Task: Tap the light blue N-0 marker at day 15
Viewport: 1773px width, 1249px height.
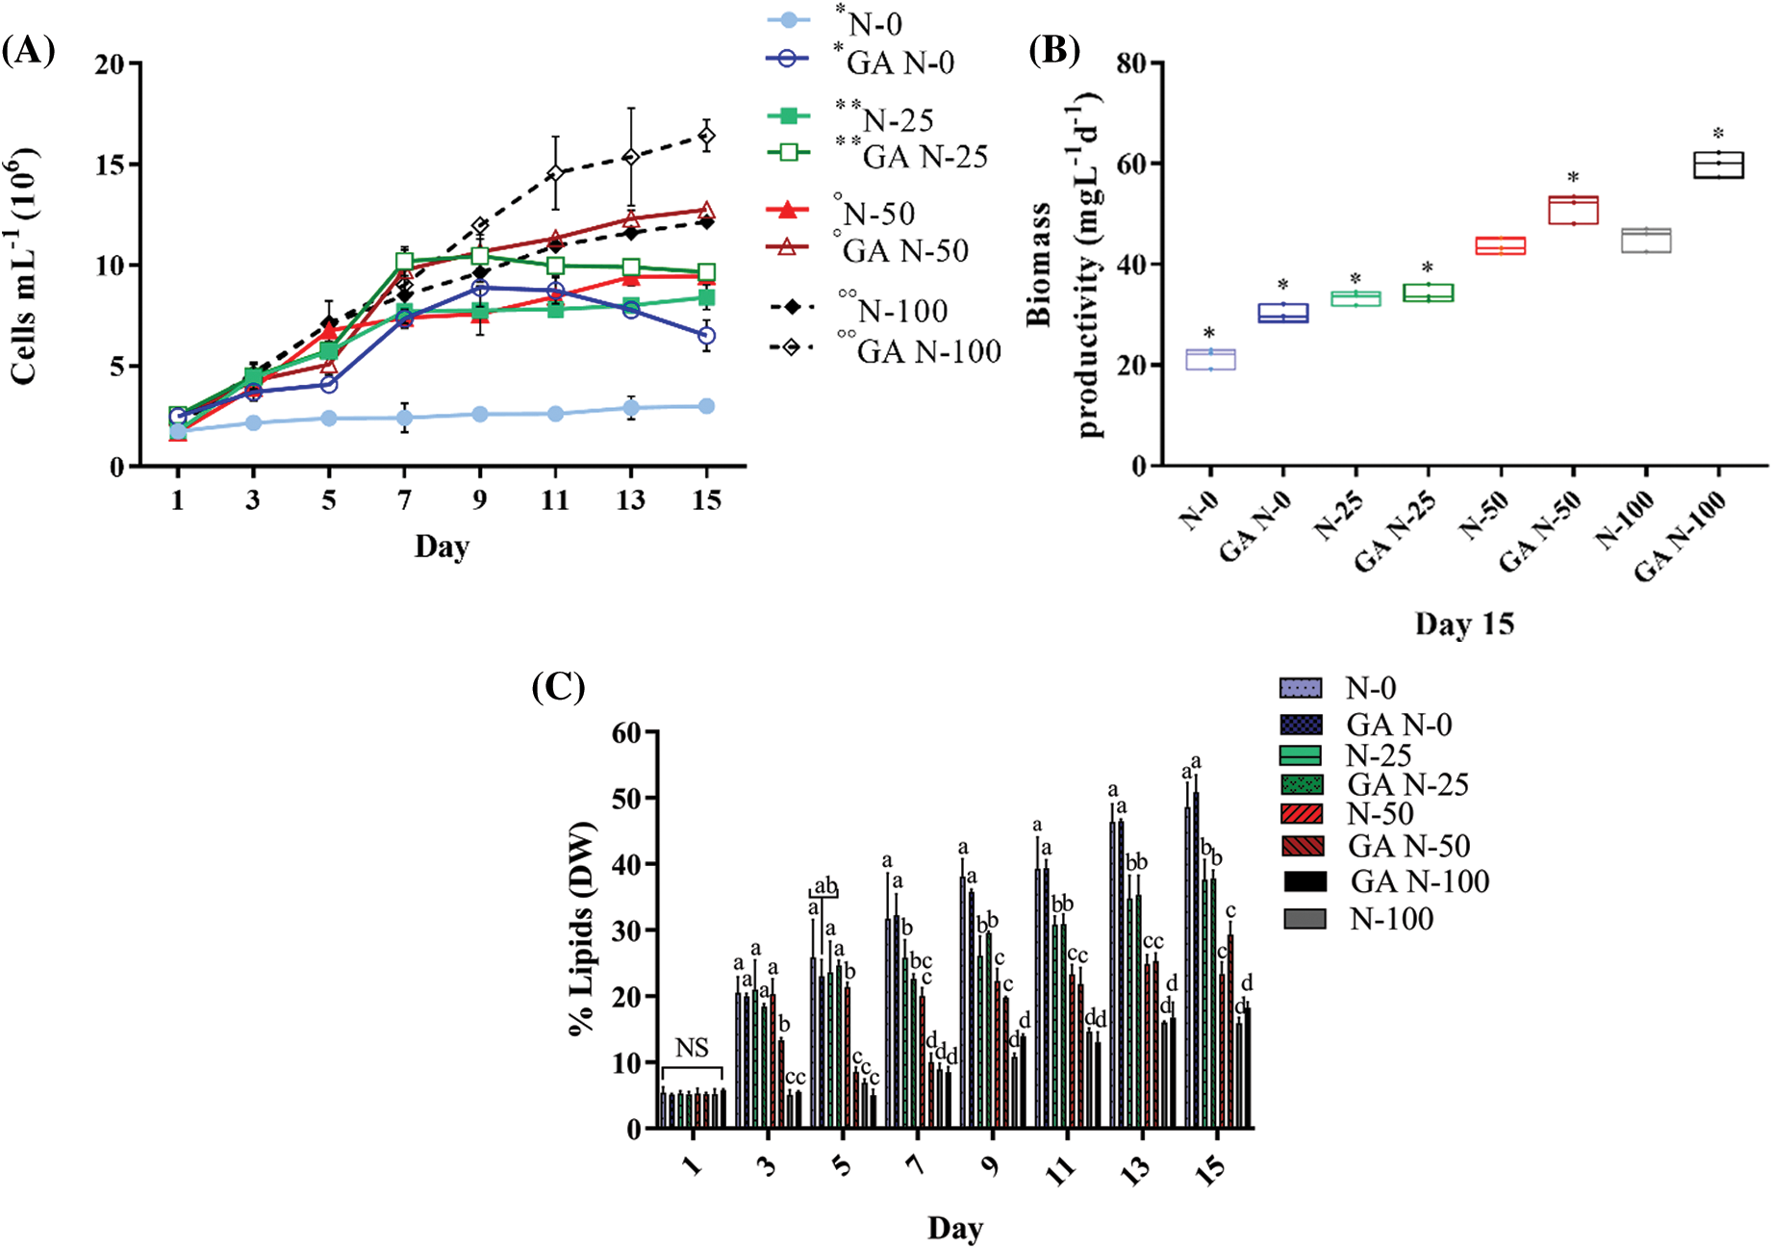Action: pyautogui.click(x=706, y=406)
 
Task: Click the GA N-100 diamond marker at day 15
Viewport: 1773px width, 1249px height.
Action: pyautogui.click(x=706, y=137)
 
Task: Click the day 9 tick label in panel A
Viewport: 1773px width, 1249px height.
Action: pyautogui.click(x=479, y=499)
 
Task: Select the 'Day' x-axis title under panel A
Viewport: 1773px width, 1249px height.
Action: pyautogui.click(x=442, y=547)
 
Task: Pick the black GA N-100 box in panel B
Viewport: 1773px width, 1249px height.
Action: pyautogui.click(x=1719, y=165)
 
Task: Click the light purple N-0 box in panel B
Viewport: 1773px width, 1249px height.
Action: pyautogui.click(x=1210, y=360)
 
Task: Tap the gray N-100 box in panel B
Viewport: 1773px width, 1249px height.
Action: pyautogui.click(x=1646, y=240)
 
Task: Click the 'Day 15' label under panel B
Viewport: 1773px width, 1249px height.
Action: pyautogui.click(x=1464, y=624)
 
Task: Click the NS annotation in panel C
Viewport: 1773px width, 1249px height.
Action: pyautogui.click(x=692, y=1048)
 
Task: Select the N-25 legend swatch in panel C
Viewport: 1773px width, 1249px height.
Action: pyautogui.click(x=1302, y=754)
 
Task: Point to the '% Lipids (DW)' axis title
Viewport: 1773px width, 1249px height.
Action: pyautogui.click(x=582, y=929)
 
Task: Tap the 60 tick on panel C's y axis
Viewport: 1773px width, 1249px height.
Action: pyautogui.click(x=625, y=733)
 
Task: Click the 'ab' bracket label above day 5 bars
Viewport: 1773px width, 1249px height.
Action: pyautogui.click(x=825, y=885)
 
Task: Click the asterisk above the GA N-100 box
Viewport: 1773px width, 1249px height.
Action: pyautogui.click(x=1718, y=134)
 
